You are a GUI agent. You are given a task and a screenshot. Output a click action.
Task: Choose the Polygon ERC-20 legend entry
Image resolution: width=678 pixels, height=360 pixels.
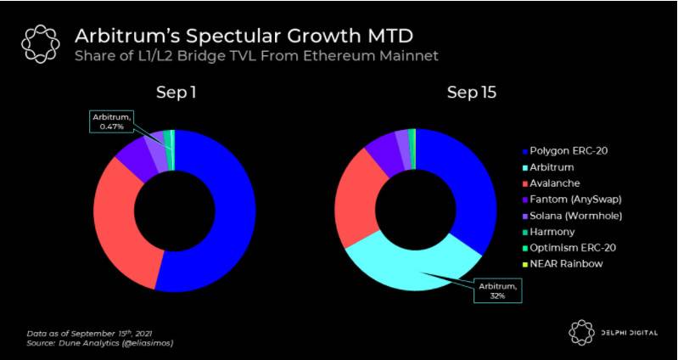pos(569,150)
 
